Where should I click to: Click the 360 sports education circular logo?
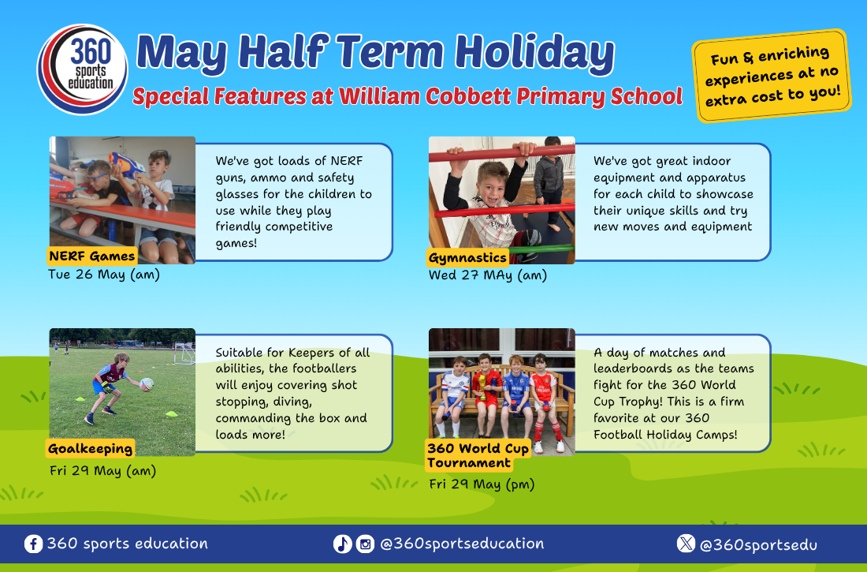point(83,69)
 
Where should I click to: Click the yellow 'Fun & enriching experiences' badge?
point(772,76)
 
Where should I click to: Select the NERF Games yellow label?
point(91,256)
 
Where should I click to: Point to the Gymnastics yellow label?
point(467,257)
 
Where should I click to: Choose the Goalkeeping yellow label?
point(90,448)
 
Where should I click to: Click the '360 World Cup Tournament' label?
point(478,455)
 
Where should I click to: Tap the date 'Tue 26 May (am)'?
point(104,275)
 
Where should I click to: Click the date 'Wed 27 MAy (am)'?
point(488,275)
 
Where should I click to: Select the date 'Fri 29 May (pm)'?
point(482,484)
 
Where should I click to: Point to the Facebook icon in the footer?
point(33,544)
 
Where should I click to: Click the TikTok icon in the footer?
point(342,544)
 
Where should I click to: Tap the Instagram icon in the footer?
point(365,544)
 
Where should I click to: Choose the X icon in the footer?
point(686,544)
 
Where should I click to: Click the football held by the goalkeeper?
point(147,383)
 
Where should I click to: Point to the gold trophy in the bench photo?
point(482,386)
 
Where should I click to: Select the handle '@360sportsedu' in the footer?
point(758,545)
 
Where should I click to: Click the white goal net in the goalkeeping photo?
point(184,353)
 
